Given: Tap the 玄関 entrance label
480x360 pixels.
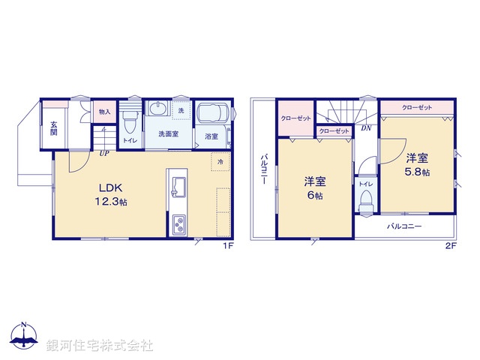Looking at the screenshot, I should point(54,127).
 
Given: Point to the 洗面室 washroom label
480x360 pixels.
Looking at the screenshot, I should point(168,134).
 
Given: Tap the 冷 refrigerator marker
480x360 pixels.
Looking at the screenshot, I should point(220,161).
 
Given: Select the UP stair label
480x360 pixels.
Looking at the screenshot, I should point(103,154).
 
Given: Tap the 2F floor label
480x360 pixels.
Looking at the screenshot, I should point(451,245).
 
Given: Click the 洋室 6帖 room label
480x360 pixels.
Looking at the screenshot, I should point(314,187).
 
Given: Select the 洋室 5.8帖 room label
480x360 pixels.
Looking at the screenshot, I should point(418,164).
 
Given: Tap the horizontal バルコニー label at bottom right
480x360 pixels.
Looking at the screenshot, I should point(404,226).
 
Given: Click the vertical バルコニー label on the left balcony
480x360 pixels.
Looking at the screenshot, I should point(265,172).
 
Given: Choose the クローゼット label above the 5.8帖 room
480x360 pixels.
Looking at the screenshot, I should point(417,108).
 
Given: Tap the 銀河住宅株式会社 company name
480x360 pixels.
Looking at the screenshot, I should point(100,345).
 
